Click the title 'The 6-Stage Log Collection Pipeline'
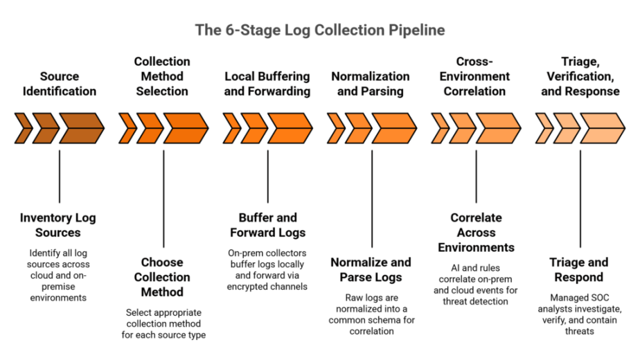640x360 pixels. (319, 30)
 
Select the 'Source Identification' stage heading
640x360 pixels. (59, 83)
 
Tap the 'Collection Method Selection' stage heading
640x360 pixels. (163, 76)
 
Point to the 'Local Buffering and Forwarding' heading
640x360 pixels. (267, 83)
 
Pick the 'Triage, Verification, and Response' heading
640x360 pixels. (582, 76)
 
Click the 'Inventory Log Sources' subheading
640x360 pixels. (58, 225)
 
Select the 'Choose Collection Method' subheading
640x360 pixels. (163, 277)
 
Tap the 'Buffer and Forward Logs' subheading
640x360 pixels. (267, 225)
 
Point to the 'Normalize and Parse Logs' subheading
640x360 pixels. (371, 270)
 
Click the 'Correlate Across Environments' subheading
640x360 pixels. (476, 233)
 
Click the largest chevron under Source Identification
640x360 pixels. (80, 127)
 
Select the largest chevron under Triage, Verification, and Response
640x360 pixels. (602, 127)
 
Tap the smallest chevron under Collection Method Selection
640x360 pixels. (127, 127)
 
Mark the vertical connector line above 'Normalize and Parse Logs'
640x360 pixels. (372, 197)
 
